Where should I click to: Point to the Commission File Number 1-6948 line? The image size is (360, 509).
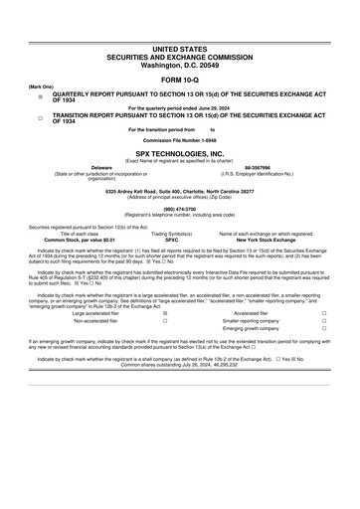tap(180, 143)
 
